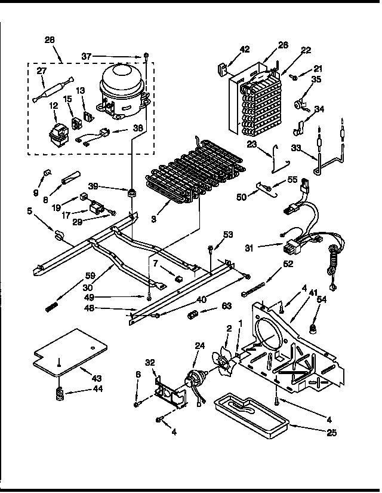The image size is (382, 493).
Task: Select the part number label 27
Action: click(42, 70)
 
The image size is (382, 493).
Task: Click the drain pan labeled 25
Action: click(251, 415)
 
